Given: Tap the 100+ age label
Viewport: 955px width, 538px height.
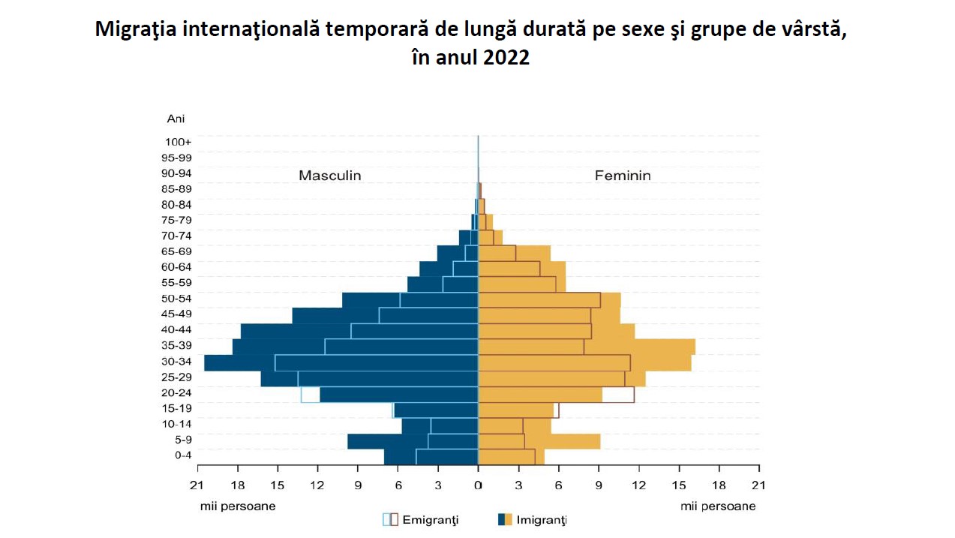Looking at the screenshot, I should [x=179, y=142].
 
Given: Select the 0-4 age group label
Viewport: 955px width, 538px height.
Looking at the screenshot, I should [x=183, y=455].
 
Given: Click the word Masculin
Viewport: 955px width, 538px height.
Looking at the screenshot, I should [x=329, y=176].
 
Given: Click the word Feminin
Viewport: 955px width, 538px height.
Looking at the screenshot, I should [x=623, y=176].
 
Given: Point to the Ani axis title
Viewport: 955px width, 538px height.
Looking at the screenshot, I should [x=176, y=119].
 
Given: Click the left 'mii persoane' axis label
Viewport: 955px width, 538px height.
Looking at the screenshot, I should [x=238, y=506].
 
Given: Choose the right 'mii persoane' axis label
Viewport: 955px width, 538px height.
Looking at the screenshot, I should [x=718, y=506].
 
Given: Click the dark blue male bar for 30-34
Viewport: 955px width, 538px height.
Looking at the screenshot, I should [x=240, y=362].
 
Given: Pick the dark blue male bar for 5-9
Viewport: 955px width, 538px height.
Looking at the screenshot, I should [x=387, y=441].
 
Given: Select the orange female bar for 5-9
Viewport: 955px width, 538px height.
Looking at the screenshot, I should [x=563, y=441].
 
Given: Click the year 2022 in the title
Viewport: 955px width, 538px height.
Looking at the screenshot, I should [x=506, y=58].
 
